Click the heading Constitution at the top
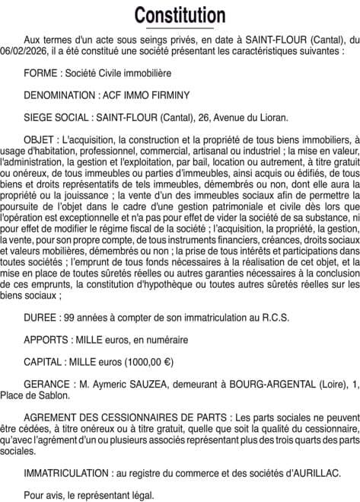[180, 15]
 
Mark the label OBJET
[40, 141]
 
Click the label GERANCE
[48, 385]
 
